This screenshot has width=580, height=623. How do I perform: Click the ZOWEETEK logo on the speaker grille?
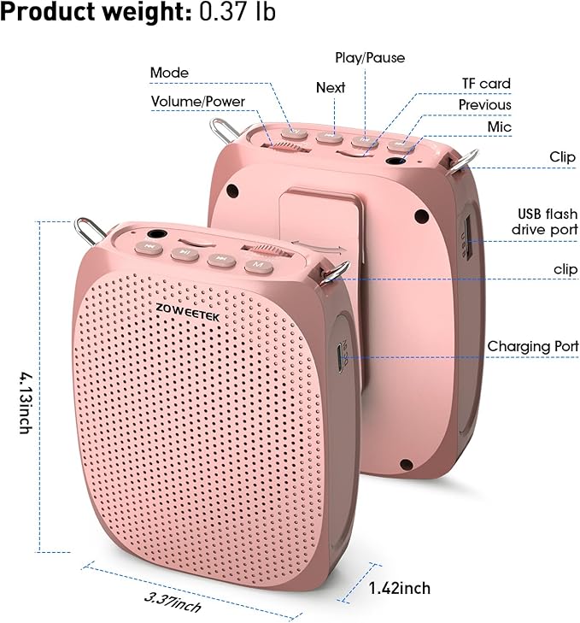(187, 312)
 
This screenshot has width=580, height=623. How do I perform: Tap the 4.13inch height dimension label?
(26, 403)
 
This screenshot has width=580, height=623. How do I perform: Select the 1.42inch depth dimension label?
(399, 588)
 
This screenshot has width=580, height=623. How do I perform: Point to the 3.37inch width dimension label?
(173, 602)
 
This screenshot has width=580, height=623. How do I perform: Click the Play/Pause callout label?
(370, 58)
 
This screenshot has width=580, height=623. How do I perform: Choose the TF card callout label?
(486, 84)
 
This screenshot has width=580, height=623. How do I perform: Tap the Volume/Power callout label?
(198, 102)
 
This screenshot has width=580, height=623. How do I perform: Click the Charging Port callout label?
(533, 346)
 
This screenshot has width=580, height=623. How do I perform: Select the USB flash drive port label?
(544, 221)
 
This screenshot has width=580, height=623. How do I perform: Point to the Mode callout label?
(169, 73)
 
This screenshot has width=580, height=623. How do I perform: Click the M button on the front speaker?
(259, 265)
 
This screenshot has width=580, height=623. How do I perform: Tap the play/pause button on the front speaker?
(185, 253)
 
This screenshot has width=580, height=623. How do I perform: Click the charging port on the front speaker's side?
(341, 357)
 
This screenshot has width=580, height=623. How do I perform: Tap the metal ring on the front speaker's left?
(90, 232)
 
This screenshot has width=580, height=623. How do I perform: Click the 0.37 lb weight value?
(237, 11)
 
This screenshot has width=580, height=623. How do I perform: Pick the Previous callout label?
(484, 105)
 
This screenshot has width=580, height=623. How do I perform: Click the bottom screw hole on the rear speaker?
(406, 464)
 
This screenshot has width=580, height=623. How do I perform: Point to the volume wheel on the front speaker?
(268, 250)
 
